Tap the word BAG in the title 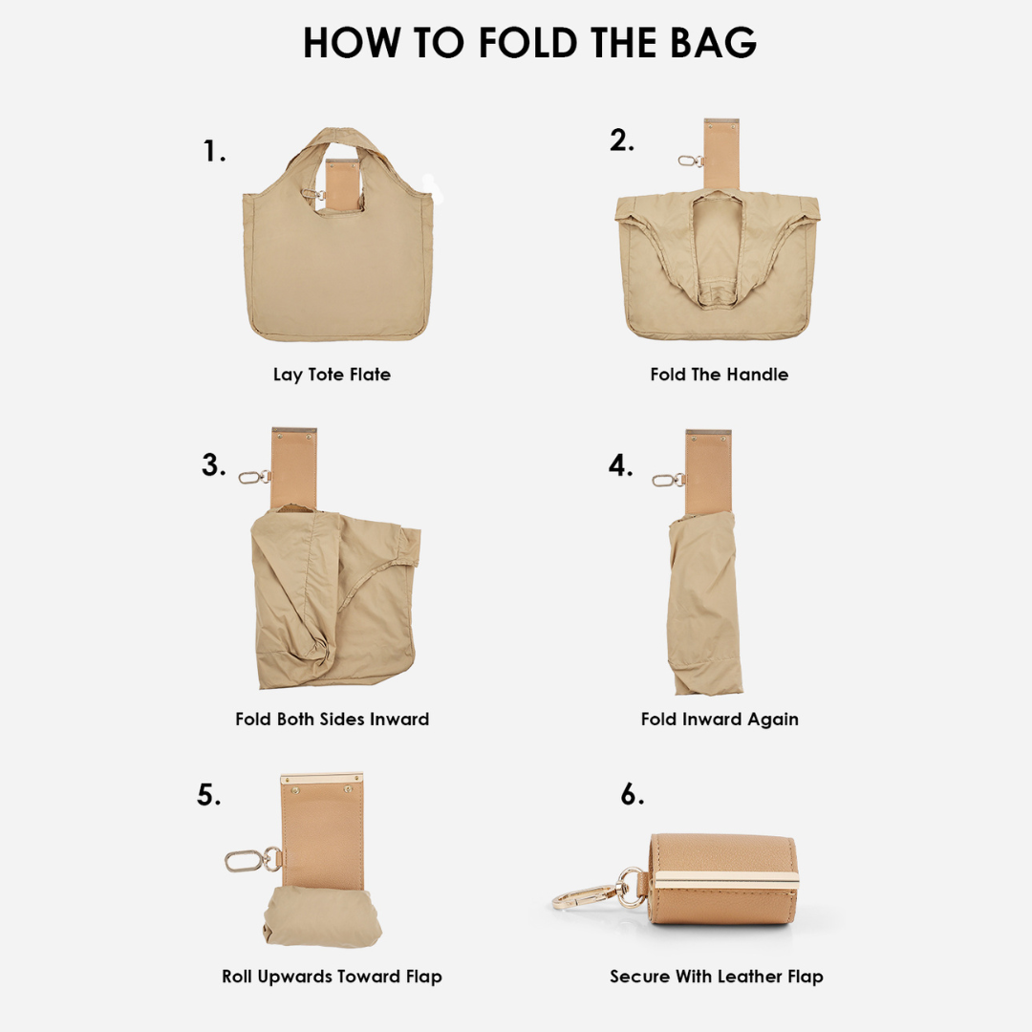(x=714, y=43)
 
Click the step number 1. (x=214, y=151)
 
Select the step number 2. (x=621, y=140)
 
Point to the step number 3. (x=213, y=465)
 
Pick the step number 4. (x=620, y=465)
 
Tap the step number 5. (x=208, y=795)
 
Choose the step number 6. (x=633, y=794)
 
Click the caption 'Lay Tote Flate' (x=332, y=375)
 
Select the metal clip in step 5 (x=253, y=860)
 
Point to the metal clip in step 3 (x=254, y=477)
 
